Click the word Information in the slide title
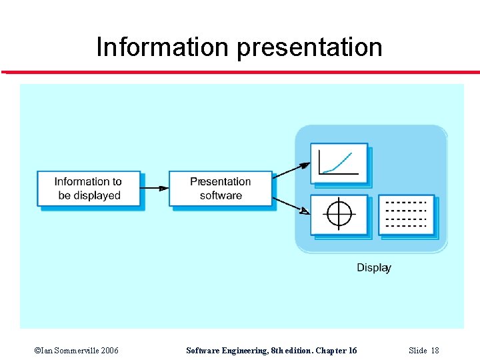[x=162, y=47]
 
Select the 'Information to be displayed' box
[x=88, y=189]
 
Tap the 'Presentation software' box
[x=221, y=189]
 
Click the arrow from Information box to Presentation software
[x=155, y=188]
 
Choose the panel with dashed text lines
[x=407, y=214]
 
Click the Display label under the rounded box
[x=373, y=267]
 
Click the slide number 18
[x=435, y=351]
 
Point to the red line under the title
[x=240, y=72]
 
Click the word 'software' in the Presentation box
[x=221, y=196]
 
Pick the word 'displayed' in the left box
[x=97, y=196]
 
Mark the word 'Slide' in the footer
[x=417, y=351]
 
